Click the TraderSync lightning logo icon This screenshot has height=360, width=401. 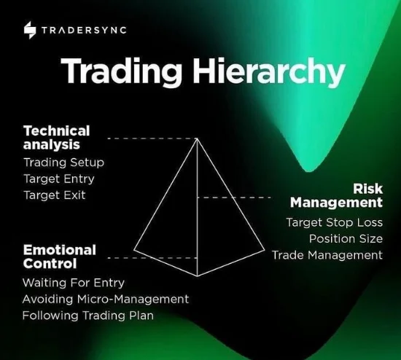click(30, 30)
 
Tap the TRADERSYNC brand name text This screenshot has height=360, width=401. click(84, 30)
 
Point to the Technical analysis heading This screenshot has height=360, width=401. click(57, 138)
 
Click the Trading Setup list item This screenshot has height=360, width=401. click(64, 163)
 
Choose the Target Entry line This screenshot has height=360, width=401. click(59, 179)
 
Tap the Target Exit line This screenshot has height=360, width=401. click(55, 195)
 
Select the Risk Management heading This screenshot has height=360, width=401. click(337, 195)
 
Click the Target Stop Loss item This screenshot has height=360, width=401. click(335, 222)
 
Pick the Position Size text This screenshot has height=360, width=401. click(346, 239)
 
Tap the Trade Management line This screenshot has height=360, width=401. click(327, 255)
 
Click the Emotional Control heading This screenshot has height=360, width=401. click(60, 257)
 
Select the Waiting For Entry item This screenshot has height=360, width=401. click(74, 283)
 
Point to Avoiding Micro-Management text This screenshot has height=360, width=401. click(106, 299)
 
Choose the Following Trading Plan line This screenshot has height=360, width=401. click(88, 316)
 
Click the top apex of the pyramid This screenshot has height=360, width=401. click(197, 138)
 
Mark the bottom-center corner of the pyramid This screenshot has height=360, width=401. click(197, 276)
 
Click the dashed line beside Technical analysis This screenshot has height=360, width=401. click(152, 138)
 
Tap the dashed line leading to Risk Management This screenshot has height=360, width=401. click(234, 197)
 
